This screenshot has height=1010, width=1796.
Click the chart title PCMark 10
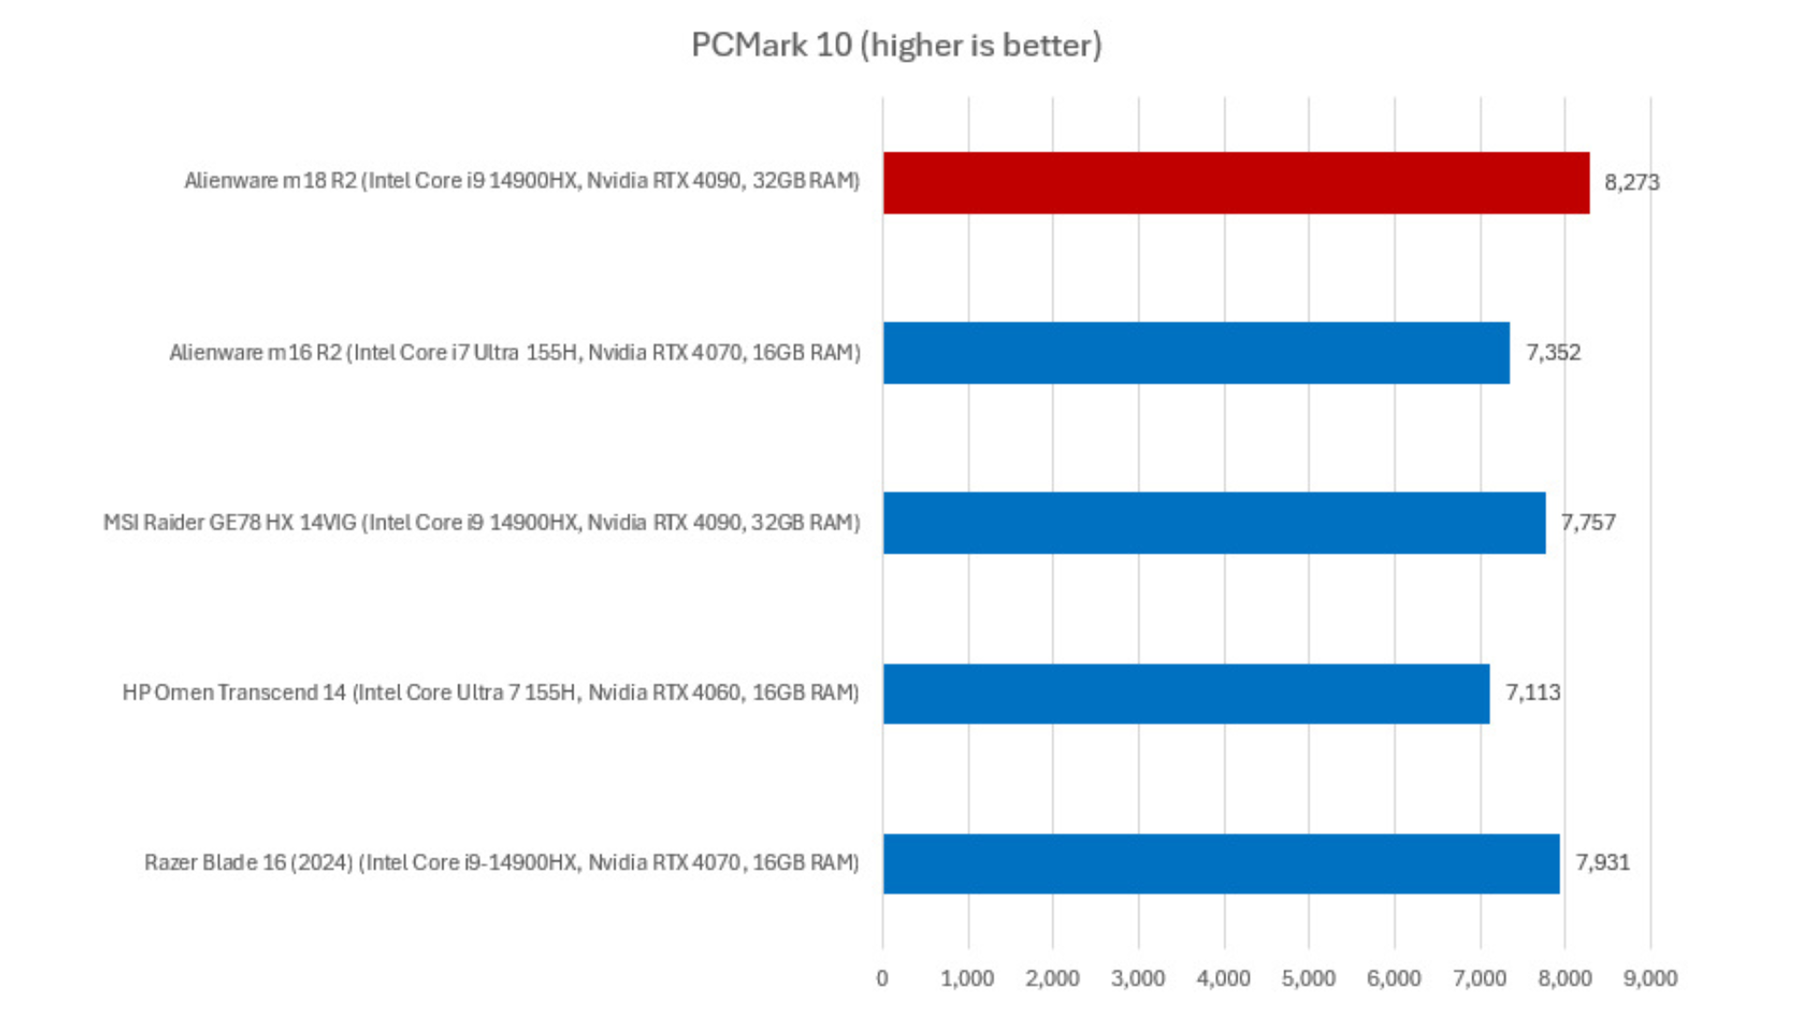pyautogui.click(x=896, y=45)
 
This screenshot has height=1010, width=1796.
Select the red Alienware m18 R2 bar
pyautogui.click(x=1236, y=182)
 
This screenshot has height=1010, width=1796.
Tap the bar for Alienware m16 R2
pyautogui.click(x=1195, y=353)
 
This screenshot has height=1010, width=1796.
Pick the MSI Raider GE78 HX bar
pyautogui.click(x=1213, y=523)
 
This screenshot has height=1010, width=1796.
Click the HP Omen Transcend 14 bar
pyautogui.click(x=1185, y=693)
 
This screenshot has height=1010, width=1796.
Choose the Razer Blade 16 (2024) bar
pyautogui.click(x=1221, y=863)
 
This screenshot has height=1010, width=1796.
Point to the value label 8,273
pyautogui.click(x=1631, y=182)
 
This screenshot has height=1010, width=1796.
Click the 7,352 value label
pyautogui.click(x=1553, y=353)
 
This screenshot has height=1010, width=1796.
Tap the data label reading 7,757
pyautogui.click(x=1587, y=523)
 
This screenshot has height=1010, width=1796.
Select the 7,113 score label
pyautogui.click(x=1532, y=693)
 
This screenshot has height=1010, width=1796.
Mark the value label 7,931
pyautogui.click(x=1602, y=862)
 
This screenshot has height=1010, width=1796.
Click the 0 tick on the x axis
pyautogui.click(x=882, y=978)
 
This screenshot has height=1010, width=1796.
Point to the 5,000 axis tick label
pyautogui.click(x=1308, y=978)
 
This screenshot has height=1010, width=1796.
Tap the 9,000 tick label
pyautogui.click(x=1650, y=978)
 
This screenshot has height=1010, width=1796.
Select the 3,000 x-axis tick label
pyautogui.click(x=1137, y=978)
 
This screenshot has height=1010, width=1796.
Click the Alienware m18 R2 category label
pyautogui.click(x=522, y=180)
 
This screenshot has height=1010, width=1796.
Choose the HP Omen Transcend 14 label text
pyautogui.click(x=490, y=693)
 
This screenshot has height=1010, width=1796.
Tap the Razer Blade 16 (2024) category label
pyautogui.click(x=501, y=862)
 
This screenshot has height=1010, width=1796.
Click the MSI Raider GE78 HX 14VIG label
pyautogui.click(x=481, y=523)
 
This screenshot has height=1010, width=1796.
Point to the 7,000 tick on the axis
pyautogui.click(x=1479, y=978)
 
